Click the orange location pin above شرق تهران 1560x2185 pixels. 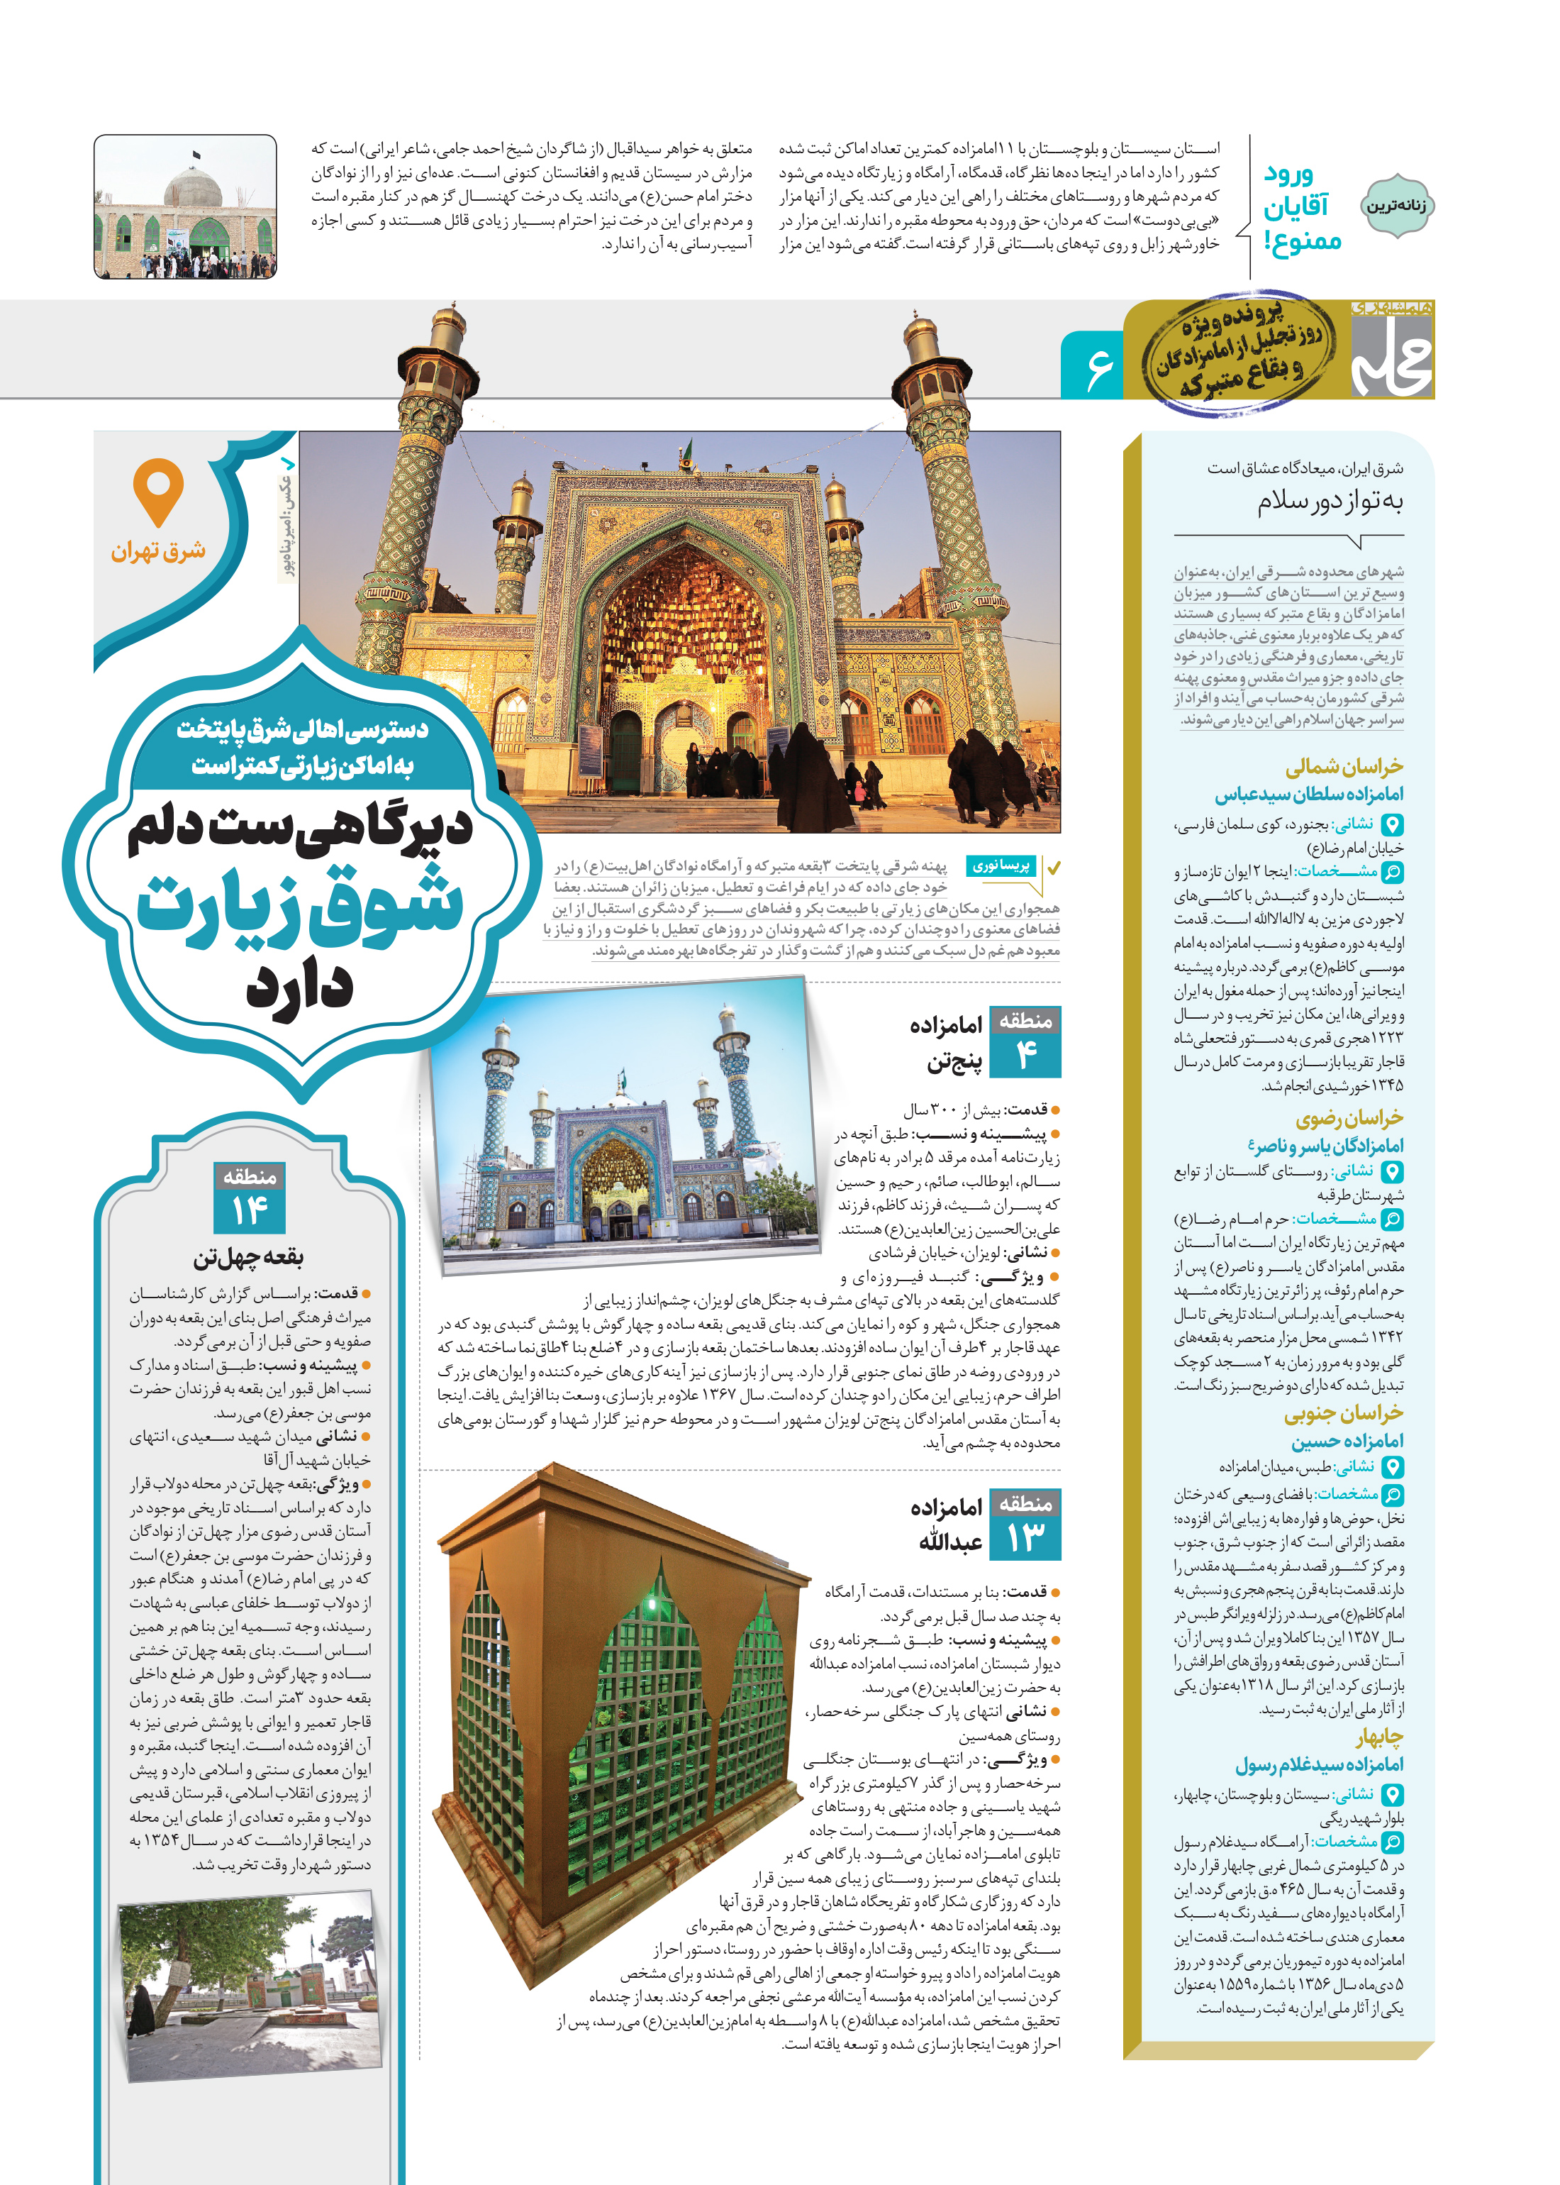point(159,490)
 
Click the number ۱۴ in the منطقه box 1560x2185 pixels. point(250,1212)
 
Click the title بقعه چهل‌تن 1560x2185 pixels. point(249,1258)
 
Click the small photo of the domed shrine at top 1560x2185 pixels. point(185,208)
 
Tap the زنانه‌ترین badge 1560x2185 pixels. point(1397,206)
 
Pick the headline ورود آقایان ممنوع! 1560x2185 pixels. point(1303,208)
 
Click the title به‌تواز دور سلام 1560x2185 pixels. point(1330,502)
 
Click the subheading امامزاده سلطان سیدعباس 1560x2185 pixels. point(1308,795)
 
